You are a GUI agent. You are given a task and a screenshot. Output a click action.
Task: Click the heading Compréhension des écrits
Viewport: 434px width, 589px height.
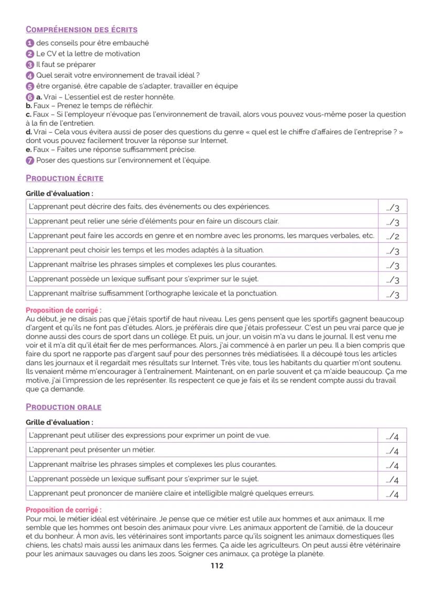pyautogui.click(x=82, y=29)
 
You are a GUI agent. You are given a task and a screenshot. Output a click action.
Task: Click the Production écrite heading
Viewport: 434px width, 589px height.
pyautogui.click(x=64, y=178)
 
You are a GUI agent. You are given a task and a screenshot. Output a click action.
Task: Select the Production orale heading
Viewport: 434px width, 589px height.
pyautogui.click(x=63, y=407)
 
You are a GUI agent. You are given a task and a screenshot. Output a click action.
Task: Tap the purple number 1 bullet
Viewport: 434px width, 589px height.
pyautogui.click(x=30, y=43)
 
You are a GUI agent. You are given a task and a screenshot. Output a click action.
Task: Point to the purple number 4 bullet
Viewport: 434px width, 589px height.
pyautogui.click(x=30, y=76)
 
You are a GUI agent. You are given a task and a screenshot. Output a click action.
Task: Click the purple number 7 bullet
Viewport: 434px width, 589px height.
pyautogui.click(x=30, y=160)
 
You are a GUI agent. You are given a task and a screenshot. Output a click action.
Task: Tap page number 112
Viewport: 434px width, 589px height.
pyautogui.click(x=217, y=566)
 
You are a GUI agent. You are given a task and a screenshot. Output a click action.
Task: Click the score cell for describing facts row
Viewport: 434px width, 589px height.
pyautogui.click(x=392, y=207)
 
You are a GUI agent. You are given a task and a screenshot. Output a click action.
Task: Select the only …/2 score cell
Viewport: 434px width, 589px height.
pyautogui.click(x=392, y=236)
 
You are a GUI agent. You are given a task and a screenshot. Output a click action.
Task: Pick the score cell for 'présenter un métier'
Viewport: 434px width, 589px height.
pyautogui.click(x=392, y=450)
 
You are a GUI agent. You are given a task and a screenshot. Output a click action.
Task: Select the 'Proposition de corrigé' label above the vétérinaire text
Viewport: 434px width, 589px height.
pyautogui.click(x=63, y=510)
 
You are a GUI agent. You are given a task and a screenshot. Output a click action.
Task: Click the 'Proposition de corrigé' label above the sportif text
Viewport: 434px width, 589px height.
pyautogui.click(x=63, y=310)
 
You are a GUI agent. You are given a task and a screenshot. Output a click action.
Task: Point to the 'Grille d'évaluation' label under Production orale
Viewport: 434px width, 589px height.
pyautogui.click(x=59, y=422)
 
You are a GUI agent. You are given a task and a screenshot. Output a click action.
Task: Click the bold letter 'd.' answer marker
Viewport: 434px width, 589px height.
pyautogui.click(x=29, y=132)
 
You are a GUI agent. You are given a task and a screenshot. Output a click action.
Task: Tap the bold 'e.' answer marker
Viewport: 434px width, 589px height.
pyautogui.click(x=29, y=149)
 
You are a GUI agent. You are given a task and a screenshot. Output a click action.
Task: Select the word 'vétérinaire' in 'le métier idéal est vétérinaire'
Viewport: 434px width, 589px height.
pyautogui.click(x=118, y=518)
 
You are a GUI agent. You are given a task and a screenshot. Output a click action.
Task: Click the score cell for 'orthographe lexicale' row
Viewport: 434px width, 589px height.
pyautogui.click(x=392, y=294)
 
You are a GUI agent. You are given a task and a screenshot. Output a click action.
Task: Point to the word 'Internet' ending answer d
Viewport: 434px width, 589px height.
pyautogui.click(x=214, y=141)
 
